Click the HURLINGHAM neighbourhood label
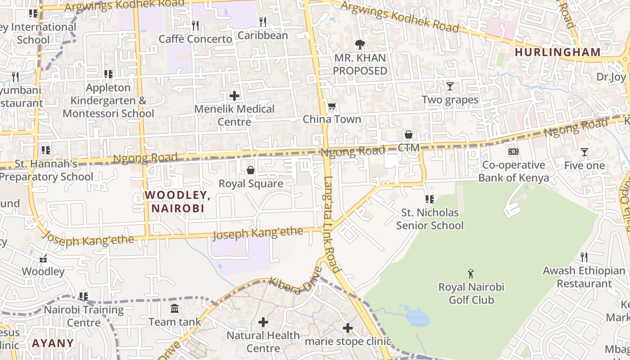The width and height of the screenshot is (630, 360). [558, 52]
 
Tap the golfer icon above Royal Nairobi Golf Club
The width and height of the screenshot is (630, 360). [471, 273]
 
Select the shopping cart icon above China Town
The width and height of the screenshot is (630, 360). [332, 106]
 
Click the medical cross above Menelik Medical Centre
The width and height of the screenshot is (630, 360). [234, 95]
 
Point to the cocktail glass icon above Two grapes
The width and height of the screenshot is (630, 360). [450, 86]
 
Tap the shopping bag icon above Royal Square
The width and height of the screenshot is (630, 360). [251, 170]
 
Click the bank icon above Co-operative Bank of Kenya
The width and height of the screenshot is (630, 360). [513, 152]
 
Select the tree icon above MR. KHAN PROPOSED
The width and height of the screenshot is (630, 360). [360, 45]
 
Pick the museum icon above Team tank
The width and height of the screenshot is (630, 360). [175, 308]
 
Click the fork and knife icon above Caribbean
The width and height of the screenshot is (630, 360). [263, 22]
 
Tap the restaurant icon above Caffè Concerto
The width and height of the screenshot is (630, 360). [195, 25]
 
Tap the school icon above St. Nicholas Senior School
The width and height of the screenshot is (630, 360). [429, 199]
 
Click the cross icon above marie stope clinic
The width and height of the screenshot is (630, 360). [347, 328]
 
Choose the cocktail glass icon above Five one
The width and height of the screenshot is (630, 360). [584, 152]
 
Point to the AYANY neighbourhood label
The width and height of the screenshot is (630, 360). [53, 343]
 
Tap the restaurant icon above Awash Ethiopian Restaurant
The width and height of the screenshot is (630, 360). [584, 257]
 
